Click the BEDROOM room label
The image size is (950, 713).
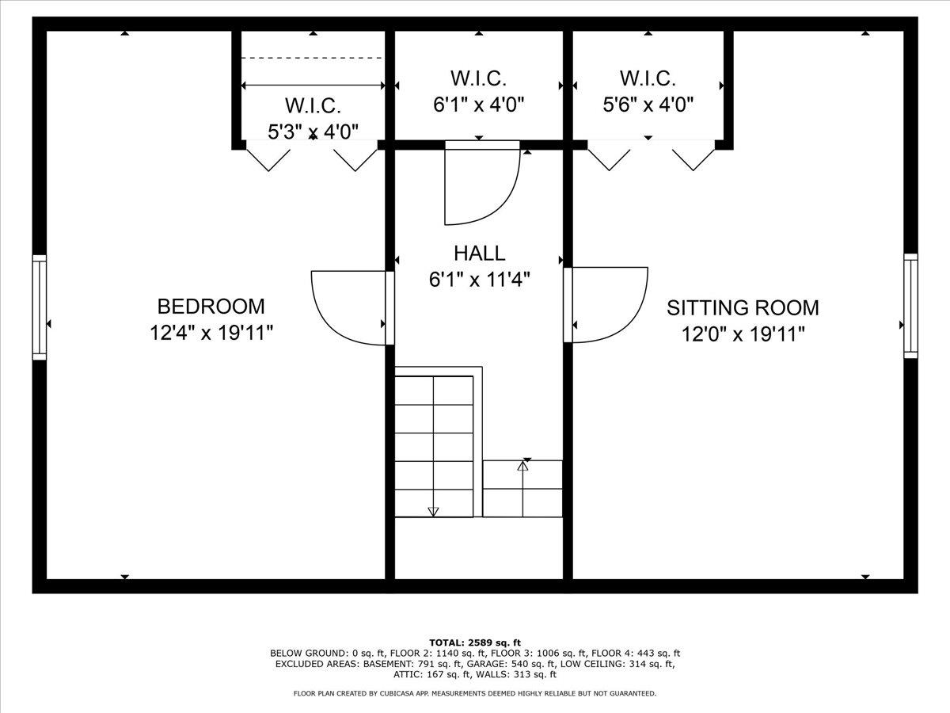211,307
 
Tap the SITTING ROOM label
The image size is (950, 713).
743,308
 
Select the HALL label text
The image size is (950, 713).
480,254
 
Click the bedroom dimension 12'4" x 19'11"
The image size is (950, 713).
211,333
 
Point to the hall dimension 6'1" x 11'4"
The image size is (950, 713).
480,280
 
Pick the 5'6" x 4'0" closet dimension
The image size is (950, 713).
648,105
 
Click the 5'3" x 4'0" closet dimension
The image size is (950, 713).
313,132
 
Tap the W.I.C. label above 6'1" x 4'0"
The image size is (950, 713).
478,78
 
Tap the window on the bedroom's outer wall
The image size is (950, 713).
40,307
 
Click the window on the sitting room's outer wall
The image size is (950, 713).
910,306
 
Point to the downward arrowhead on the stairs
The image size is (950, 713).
433,512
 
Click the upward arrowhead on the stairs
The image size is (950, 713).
522,466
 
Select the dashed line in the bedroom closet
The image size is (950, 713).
312,58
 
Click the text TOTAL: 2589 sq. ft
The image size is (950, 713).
475,642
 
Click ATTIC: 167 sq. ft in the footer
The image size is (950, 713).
431,674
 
